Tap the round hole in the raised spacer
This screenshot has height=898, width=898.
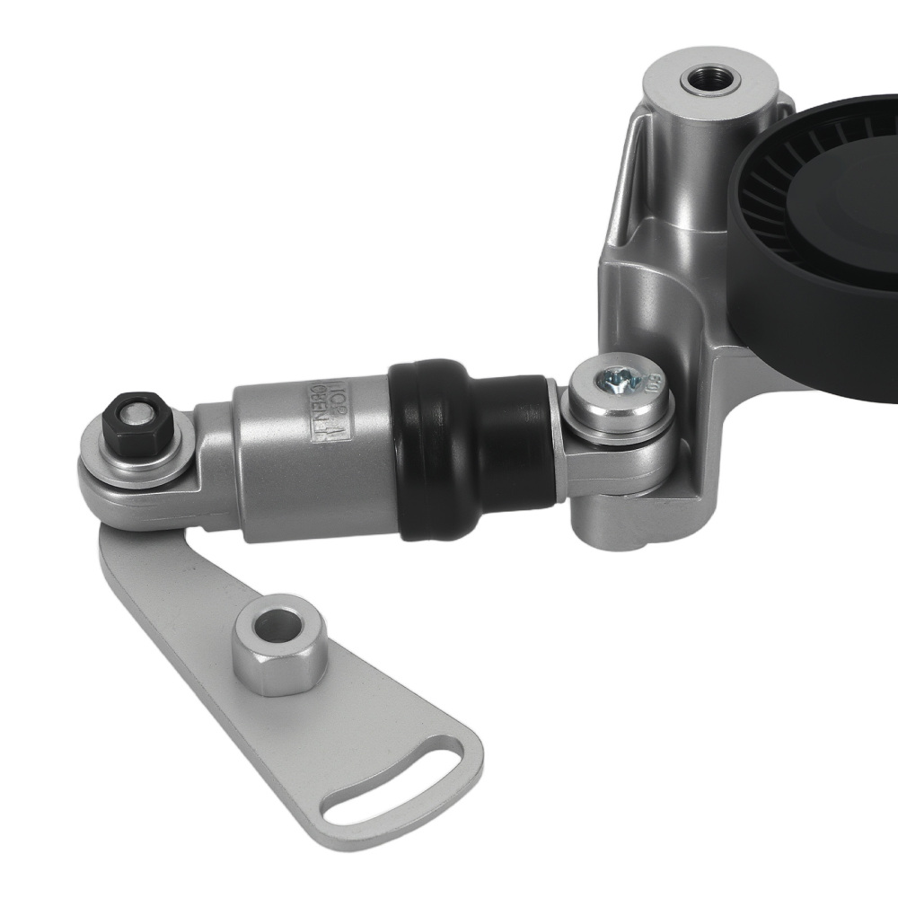tap(279, 625)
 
